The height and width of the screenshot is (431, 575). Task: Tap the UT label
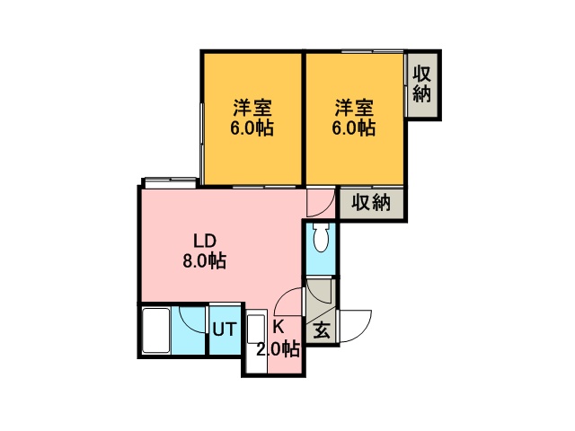(x=225, y=329)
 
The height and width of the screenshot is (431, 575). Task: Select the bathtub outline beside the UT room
(x=156, y=331)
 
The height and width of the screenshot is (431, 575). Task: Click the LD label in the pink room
(x=205, y=242)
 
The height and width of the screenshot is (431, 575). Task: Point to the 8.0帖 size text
(x=204, y=261)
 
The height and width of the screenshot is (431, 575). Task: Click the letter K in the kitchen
(x=279, y=327)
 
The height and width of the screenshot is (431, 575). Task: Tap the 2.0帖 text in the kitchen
(x=279, y=349)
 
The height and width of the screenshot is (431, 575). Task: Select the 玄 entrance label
(x=322, y=330)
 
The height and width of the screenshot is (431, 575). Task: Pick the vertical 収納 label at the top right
(x=421, y=84)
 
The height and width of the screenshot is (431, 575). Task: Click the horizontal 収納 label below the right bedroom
(x=371, y=202)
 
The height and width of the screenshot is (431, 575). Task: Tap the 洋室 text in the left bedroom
(x=252, y=108)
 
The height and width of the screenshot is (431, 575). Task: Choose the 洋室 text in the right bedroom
(x=354, y=108)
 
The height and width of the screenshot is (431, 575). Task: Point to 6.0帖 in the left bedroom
(x=252, y=128)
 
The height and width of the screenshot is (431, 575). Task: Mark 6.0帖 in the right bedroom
(x=354, y=128)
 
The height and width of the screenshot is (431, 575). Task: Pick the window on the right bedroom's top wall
(x=372, y=51)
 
